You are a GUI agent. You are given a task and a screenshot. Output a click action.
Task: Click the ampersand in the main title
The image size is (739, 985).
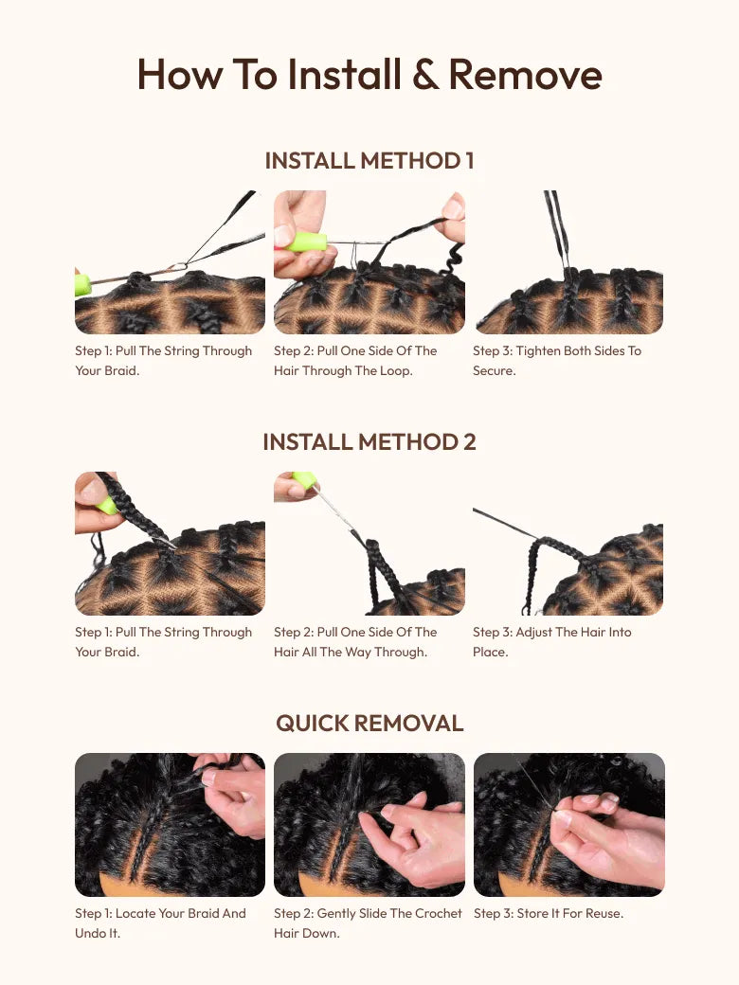point(426,75)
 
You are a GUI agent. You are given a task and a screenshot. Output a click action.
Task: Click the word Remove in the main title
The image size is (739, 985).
point(525,75)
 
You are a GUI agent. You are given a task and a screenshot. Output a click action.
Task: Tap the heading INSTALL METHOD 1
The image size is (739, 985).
point(369,161)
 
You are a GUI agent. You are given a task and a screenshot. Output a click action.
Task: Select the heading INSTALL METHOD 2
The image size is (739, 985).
point(369,442)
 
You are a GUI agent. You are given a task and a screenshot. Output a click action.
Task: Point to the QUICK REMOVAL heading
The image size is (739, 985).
point(369,724)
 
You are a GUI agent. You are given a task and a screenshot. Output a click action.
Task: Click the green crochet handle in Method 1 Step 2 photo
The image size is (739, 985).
point(306,242)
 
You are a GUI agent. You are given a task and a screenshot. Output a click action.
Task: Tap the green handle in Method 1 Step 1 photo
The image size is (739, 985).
point(82,284)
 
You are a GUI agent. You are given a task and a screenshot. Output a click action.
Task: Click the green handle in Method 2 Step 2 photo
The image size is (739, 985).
point(305,480)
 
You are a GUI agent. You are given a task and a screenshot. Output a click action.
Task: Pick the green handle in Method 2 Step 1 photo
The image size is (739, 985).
point(106,505)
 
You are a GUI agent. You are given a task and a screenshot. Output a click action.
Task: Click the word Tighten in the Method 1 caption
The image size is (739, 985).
point(537,351)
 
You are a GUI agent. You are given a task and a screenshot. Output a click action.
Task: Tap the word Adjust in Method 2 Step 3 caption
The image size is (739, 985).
point(533,633)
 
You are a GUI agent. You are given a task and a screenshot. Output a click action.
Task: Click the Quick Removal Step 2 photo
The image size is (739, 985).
point(369,825)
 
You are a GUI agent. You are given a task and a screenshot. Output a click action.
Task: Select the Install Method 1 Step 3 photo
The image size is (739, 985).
point(568,262)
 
